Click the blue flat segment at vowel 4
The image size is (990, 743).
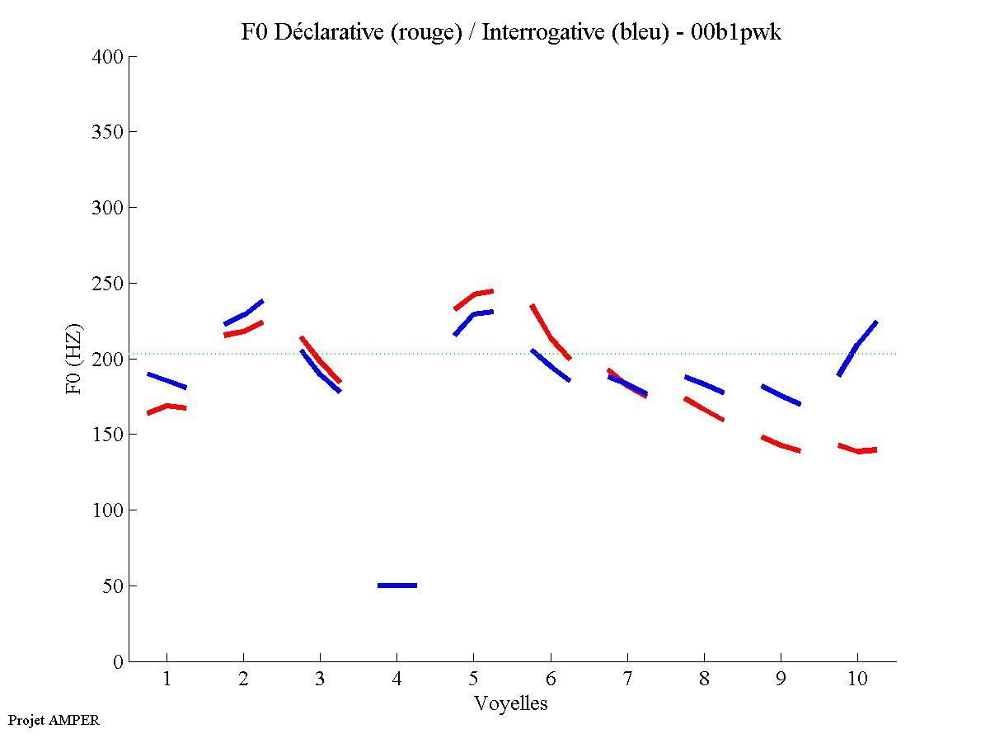click(x=397, y=585)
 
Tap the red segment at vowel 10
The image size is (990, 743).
click(x=857, y=450)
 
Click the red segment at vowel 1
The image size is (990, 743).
click(x=167, y=407)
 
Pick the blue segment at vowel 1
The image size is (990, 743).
click(x=167, y=380)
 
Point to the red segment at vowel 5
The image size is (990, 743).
click(x=474, y=294)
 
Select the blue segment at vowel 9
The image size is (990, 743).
click(x=781, y=395)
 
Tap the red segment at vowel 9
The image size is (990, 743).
click(x=781, y=445)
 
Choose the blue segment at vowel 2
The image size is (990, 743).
click(x=244, y=313)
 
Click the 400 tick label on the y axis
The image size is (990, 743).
click(x=107, y=57)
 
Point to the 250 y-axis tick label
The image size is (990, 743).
click(x=107, y=284)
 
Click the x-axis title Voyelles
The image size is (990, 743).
click(x=511, y=703)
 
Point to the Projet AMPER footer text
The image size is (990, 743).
click(x=54, y=720)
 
